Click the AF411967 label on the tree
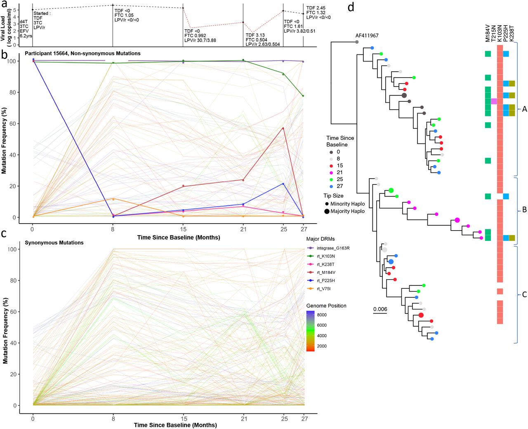click(367, 36)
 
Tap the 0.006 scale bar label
click(380, 309)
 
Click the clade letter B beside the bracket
click(524, 210)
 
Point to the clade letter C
click(524, 295)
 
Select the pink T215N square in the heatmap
click(494, 101)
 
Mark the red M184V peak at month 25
click(283, 128)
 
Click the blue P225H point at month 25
click(283, 184)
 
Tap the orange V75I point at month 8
click(113, 199)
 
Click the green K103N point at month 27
click(303, 96)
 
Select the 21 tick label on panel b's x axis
click(243, 229)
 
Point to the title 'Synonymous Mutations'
click(54, 243)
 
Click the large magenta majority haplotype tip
click(457, 220)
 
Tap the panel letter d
click(351, 7)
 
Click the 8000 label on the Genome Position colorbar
click(322, 315)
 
